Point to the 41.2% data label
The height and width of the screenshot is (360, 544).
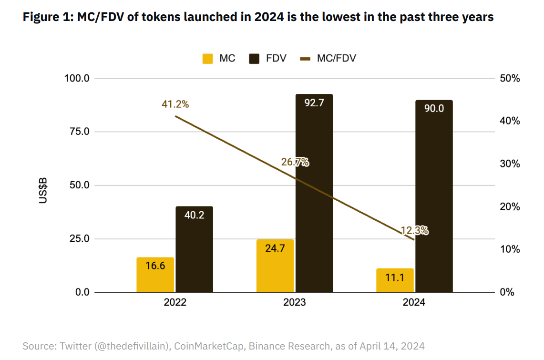[175, 104]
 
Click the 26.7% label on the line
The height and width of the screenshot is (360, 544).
[295, 162]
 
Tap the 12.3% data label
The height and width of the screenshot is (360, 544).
[414, 231]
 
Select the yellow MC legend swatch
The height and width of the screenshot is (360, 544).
[207, 59]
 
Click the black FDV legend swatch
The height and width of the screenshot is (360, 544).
[254, 59]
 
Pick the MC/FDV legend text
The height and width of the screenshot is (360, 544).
[337, 58]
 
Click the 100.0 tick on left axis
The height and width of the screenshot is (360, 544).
[77, 78]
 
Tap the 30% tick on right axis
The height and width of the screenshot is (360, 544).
[510, 164]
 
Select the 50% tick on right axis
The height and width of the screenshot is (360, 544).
[510, 78]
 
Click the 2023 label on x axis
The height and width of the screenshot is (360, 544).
[294, 302]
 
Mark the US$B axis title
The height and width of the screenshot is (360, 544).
[43, 190]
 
